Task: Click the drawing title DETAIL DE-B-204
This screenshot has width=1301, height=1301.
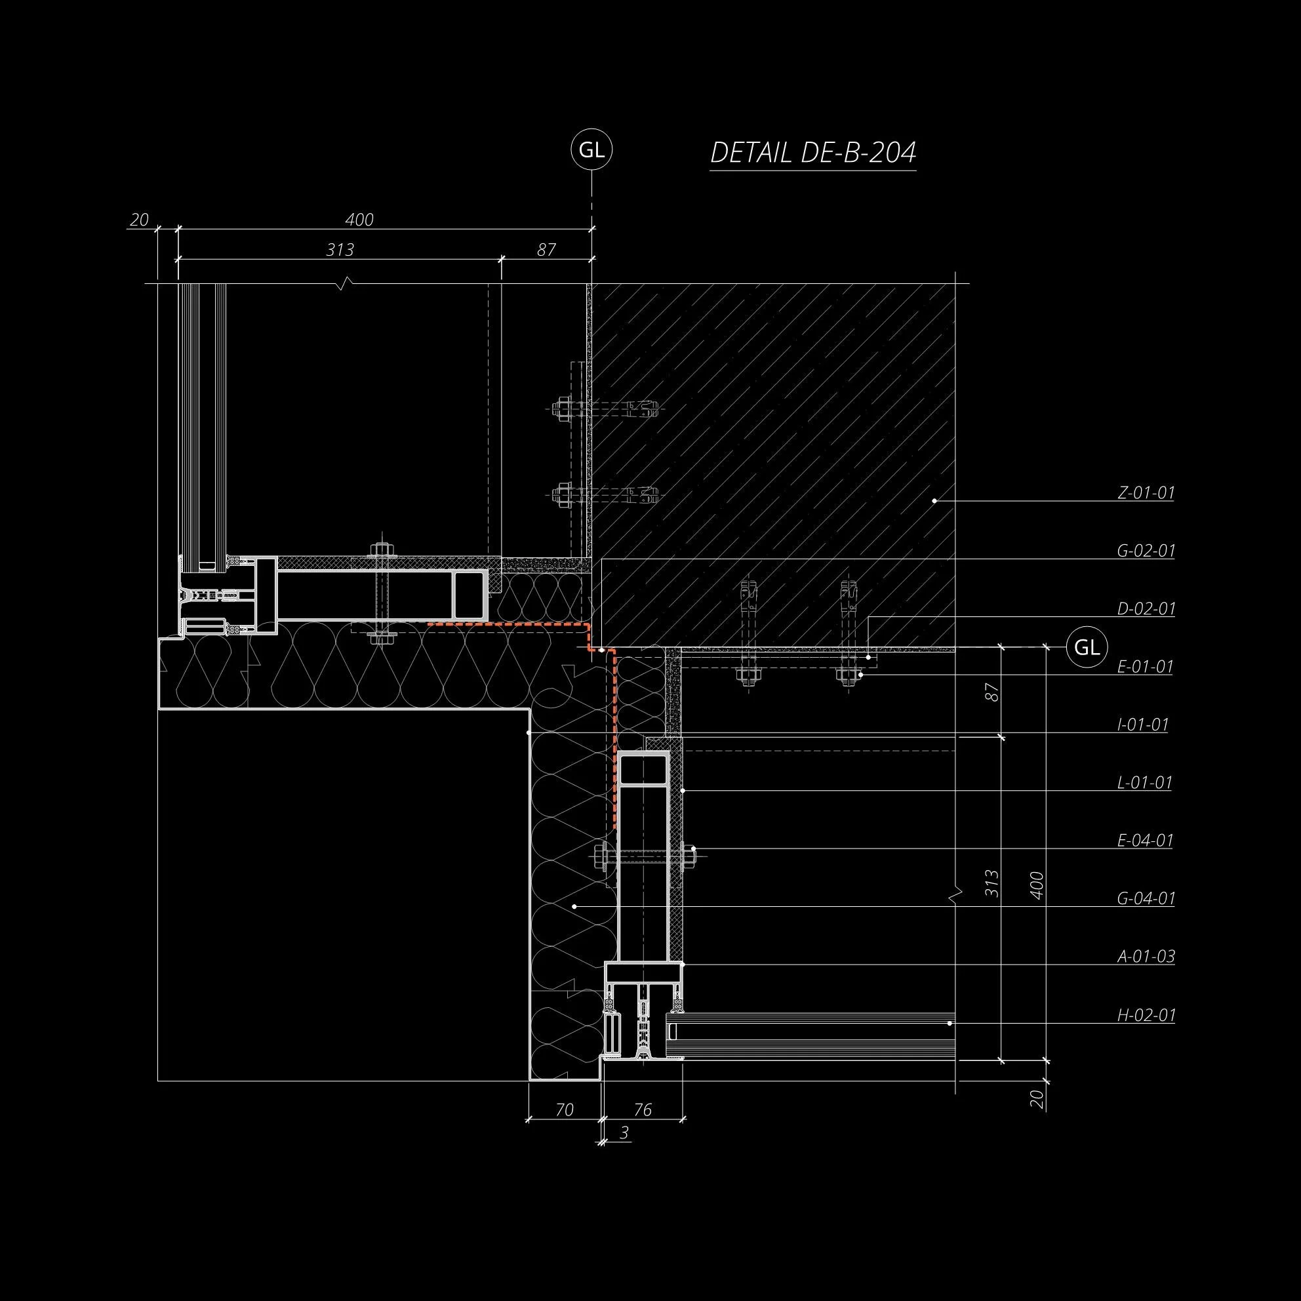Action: tap(812, 153)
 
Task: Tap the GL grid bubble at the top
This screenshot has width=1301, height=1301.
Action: tap(591, 150)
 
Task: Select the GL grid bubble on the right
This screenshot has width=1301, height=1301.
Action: tap(1086, 647)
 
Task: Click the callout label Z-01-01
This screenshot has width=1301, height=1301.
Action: tap(1146, 493)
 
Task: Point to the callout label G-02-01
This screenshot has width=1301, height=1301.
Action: tap(1146, 551)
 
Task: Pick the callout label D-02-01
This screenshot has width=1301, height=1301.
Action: tap(1146, 609)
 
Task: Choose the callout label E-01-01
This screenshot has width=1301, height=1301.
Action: tap(1145, 667)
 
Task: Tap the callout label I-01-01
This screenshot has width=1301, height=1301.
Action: tap(1143, 725)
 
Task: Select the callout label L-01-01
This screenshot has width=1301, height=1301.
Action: tap(1144, 782)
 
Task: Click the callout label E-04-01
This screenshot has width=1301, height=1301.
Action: tap(1145, 841)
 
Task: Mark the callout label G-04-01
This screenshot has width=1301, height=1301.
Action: tap(1146, 898)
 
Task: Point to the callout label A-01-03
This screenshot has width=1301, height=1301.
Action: tap(1146, 956)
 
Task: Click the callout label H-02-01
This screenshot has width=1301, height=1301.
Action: tap(1146, 1015)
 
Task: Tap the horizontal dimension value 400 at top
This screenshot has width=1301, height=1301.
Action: tap(359, 220)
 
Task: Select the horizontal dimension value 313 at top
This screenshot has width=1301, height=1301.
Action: tap(340, 250)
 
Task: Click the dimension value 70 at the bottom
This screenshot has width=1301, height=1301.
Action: tap(565, 1110)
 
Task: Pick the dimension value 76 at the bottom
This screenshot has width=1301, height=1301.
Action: tap(643, 1110)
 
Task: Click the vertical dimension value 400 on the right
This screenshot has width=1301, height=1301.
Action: tap(1037, 885)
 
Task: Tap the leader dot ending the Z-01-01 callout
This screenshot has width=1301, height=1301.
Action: tap(934, 501)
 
